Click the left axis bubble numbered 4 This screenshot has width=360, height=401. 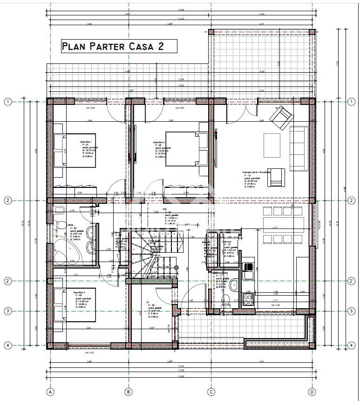[x=8, y=346]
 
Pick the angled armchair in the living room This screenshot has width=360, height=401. [x=281, y=114]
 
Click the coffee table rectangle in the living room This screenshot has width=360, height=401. [x=272, y=146]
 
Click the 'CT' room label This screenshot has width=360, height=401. [x=148, y=302]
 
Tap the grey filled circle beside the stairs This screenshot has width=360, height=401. [x=177, y=267]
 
